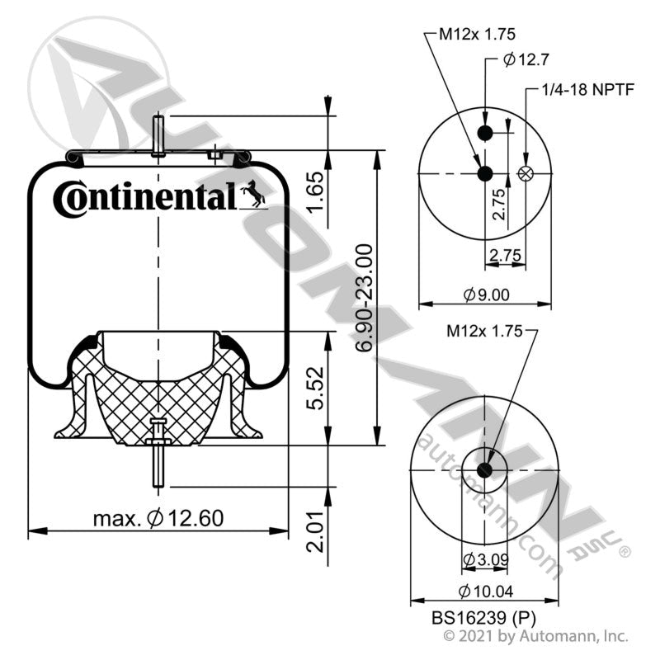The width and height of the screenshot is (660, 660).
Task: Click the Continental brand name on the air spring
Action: click(145, 199)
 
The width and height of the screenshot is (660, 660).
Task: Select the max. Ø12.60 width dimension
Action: click(158, 518)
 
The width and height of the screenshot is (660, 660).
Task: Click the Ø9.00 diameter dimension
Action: click(486, 293)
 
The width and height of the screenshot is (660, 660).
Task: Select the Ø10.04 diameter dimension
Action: click(486, 592)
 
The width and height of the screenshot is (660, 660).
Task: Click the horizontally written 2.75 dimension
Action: click(504, 256)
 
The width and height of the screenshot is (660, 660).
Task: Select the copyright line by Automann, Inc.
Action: click(536, 636)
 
